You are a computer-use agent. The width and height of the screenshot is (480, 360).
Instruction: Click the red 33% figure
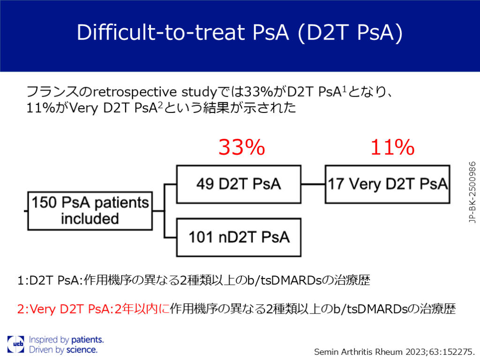click(241, 147)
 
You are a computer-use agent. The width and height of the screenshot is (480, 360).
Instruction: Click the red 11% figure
click(392, 147)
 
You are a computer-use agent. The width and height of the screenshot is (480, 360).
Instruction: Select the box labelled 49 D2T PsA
click(239, 184)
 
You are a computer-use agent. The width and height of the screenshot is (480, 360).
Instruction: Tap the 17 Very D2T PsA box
click(388, 184)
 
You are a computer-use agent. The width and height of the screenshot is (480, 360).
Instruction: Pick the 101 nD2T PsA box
click(239, 237)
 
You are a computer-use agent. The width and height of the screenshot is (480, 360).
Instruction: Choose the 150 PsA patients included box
click(90, 211)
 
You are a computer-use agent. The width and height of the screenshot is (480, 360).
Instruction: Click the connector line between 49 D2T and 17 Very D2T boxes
click(313, 184)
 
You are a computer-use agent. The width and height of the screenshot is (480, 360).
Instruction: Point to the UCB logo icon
click(15, 344)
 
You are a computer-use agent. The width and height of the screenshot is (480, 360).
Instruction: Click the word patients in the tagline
click(88, 340)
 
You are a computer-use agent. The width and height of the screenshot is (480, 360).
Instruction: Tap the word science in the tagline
click(82, 350)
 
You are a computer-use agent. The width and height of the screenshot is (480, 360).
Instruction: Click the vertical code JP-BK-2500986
click(472, 192)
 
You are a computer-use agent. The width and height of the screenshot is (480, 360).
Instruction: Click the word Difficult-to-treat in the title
click(161, 32)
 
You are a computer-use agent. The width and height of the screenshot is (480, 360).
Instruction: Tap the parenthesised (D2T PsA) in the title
click(350, 32)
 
